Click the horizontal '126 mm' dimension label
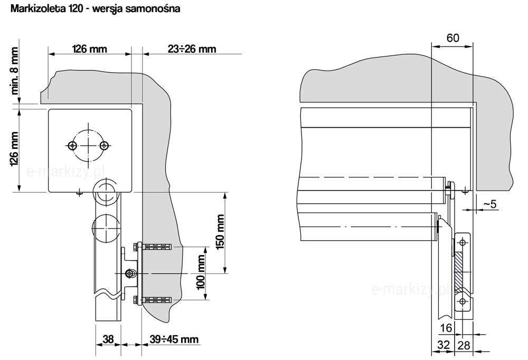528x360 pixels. click(x=89, y=49)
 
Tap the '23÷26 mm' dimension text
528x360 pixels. click(x=192, y=49)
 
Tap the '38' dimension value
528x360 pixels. click(x=108, y=339)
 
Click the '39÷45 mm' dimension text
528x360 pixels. click(x=173, y=339)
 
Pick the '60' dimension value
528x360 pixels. click(x=452, y=38)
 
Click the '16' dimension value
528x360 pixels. click(x=446, y=328)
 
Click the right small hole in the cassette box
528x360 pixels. click(x=105, y=145)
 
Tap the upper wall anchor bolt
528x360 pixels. click(x=153, y=247)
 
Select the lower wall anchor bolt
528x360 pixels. click(x=153, y=301)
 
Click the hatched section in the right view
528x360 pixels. click(x=458, y=271)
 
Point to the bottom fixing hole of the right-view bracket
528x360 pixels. click(x=463, y=301)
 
